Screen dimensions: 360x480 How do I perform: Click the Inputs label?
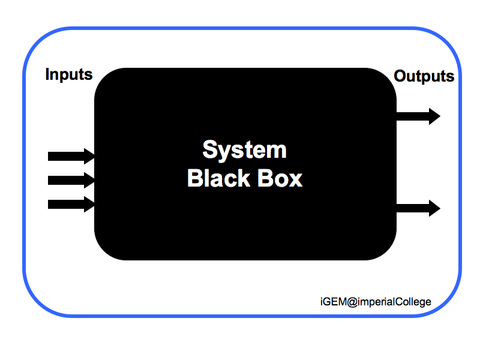click(x=69, y=75)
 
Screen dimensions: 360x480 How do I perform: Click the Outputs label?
click(x=424, y=77)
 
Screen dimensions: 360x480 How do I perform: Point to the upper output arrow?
click(x=418, y=116)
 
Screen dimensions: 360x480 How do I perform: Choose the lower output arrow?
click(x=418, y=208)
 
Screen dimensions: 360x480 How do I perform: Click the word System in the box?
click(x=244, y=149)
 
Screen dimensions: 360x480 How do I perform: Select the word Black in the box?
click(x=215, y=178)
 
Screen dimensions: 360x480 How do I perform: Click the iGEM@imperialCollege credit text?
click(x=376, y=301)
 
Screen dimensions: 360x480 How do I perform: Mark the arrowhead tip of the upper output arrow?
click(x=439, y=116)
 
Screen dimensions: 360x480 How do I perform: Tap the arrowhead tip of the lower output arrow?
click(x=439, y=208)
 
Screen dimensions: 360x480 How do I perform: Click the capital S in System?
click(x=209, y=149)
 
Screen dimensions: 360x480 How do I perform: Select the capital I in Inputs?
click(x=48, y=75)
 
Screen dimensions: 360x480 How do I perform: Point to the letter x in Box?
click(x=295, y=179)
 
